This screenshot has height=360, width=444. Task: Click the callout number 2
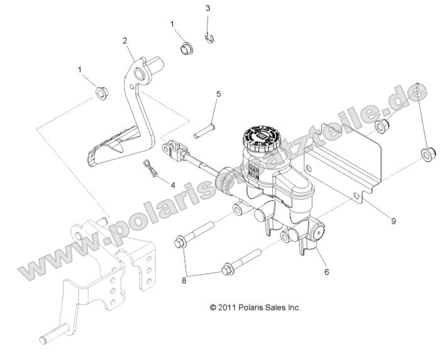tap(125, 41)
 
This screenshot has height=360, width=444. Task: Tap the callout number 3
tap(208, 8)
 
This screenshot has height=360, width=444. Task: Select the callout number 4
tap(172, 185)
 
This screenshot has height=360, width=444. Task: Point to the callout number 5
tap(218, 94)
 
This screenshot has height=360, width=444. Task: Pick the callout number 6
tap(326, 273)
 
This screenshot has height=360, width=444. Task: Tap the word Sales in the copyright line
tap(279, 308)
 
